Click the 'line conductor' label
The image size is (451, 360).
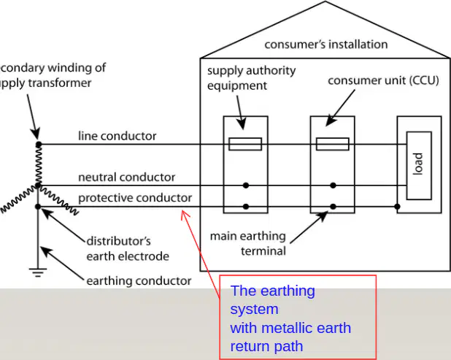click(x=117, y=136)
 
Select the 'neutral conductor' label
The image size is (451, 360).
click(x=126, y=177)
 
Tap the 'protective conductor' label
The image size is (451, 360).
click(x=135, y=198)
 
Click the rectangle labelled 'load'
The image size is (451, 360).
click(x=419, y=166)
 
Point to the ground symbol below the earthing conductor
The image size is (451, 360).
click(x=38, y=272)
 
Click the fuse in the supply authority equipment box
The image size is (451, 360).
click(x=245, y=144)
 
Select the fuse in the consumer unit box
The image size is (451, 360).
click(x=333, y=144)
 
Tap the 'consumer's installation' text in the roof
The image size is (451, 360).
click(x=326, y=45)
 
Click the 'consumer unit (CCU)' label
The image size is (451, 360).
click(x=383, y=80)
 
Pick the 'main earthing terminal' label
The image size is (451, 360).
click(x=248, y=243)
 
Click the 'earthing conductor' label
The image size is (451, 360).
click(x=139, y=281)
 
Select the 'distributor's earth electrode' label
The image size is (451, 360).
click(x=128, y=248)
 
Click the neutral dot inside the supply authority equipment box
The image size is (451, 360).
click(x=246, y=185)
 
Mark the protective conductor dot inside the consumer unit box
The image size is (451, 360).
click(x=333, y=207)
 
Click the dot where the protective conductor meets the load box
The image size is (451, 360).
click(x=397, y=207)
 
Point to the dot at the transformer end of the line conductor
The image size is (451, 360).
click(x=39, y=144)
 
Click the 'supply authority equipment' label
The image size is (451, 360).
click(x=251, y=78)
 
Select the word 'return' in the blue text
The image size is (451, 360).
click(x=250, y=346)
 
